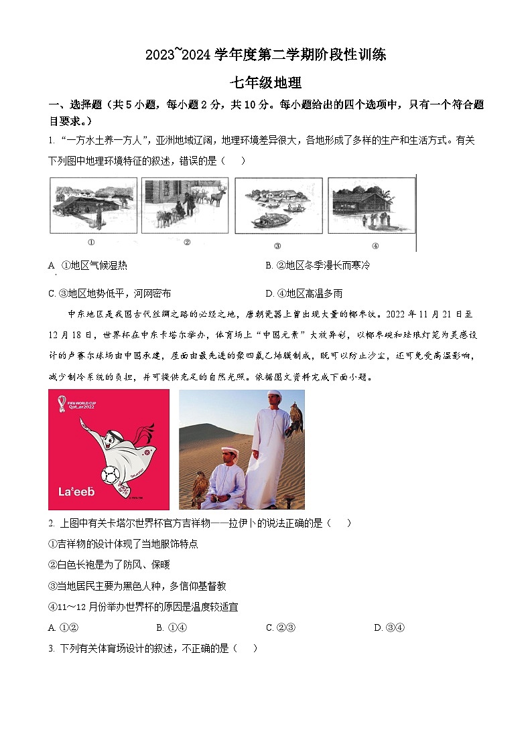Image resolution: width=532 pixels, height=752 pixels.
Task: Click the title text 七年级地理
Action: click(266, 83)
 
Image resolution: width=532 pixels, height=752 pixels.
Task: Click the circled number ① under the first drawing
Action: click(91, 244)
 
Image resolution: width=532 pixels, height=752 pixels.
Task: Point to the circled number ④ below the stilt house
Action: click(375, 245)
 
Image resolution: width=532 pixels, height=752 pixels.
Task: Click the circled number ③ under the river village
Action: click(277, 245)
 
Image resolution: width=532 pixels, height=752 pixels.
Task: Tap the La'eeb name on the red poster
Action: click(76, 492)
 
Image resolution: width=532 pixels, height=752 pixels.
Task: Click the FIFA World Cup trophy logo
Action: click(62, 403)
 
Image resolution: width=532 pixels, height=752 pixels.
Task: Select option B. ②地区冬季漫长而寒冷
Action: click(318, 265)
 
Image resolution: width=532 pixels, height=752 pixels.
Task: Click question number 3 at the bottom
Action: click(51, 648)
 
